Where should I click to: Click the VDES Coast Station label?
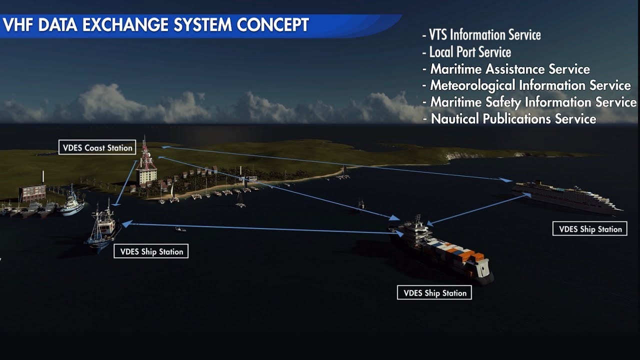pyautogui.click(x=97, y=147)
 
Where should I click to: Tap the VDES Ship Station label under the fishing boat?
pyautogui.click(x=151, y=251)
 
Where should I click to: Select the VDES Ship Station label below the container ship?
pyautogui.click(x=434, y=293)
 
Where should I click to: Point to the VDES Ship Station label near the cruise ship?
pyautogui.click(x=590, y=229)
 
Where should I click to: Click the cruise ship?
pyautogui.click(x=567, y=196)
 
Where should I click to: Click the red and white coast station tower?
pyautogui.click(x=145, y=160)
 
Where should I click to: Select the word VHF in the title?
pyautogui.click(x=18, y=25)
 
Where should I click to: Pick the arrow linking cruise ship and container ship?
pyautogui.click(x=478, y=209)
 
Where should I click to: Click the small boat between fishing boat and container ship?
pyautogui.click(x=180, y=229)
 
